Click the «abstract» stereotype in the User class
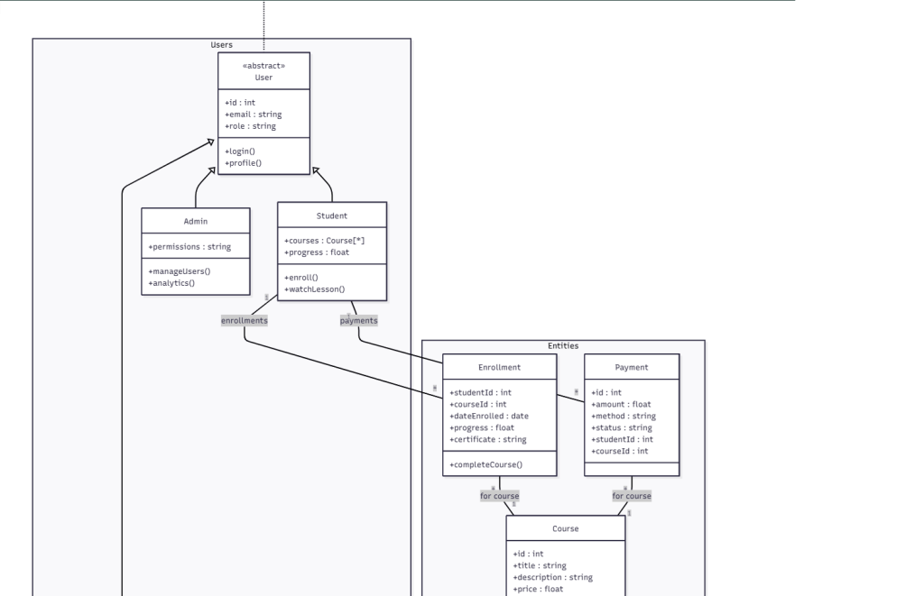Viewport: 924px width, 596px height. click(x=264, y=66)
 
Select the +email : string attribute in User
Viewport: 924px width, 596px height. click(x=253, y=115)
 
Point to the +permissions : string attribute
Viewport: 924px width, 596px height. click(x=189, y=246)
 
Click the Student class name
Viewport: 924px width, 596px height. click(x=332, y=215)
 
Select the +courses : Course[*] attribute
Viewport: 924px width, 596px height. click(x=324, y=241)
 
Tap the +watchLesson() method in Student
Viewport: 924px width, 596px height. click(x=315, y=289)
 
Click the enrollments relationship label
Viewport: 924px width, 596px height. click(x=245, y=320)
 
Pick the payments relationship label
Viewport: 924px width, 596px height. click(x=359, y=320)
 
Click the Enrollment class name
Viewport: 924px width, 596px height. click(x=499, y=368)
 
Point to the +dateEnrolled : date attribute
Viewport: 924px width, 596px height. click(x=489, y=416)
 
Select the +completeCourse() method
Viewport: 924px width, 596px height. click(x=486, y=464)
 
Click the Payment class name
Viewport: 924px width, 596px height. click(x=632, y=368)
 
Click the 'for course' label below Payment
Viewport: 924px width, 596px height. click(x=632, y=496)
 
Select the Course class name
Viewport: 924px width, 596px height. click(x=565, y=528)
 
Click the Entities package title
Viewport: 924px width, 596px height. click(x=563, y=345)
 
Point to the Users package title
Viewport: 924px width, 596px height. click(x=221, y=44)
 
